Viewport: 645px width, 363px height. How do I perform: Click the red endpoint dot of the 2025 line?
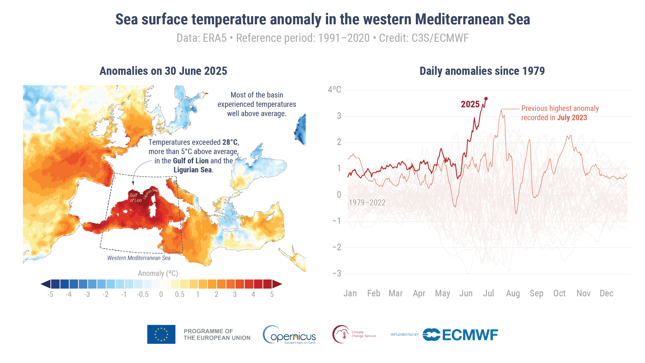486,99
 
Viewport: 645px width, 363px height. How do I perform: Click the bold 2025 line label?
470,104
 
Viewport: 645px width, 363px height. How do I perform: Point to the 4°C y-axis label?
334,90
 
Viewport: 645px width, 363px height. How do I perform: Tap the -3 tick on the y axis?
337,273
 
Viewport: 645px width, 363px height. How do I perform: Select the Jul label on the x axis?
488,293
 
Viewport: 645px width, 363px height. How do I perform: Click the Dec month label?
606,293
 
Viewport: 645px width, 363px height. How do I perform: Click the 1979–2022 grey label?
367,203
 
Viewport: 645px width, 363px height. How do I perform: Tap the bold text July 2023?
572,118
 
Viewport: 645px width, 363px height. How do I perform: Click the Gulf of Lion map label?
136,198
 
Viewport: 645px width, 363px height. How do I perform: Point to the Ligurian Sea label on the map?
151,193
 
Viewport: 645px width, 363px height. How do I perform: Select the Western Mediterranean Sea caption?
139,258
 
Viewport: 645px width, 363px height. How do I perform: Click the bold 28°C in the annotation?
230,142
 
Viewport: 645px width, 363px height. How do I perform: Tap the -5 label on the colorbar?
50,294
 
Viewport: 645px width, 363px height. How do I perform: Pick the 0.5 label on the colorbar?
179,294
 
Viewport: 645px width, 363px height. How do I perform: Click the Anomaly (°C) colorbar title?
158,273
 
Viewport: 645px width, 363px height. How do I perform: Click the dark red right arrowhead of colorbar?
277,284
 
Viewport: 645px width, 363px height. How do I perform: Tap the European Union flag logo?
161,334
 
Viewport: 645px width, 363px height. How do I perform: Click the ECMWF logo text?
470,335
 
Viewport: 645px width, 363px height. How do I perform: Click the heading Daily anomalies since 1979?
482,71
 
